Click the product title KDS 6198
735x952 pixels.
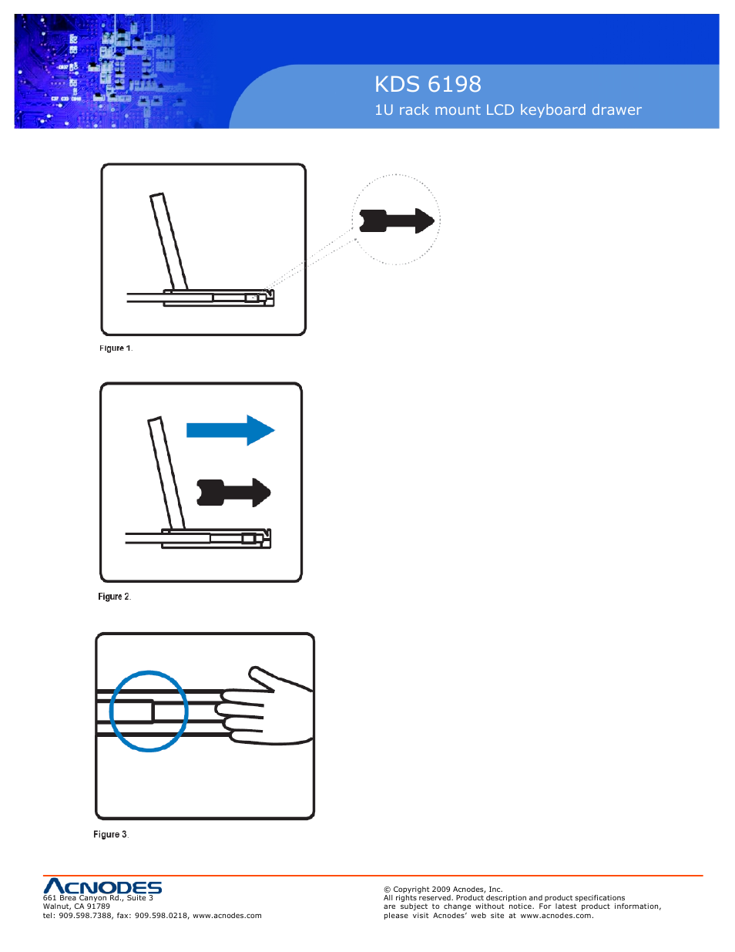pos(428,84)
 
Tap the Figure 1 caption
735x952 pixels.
pos(116,348)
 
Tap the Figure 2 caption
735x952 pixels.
pos(114,597)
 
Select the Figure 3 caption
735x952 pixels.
pos(110,835)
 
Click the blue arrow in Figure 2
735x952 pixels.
pos(230,430)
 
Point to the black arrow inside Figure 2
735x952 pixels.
pos(233,493)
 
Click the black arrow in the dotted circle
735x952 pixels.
pos(397,221)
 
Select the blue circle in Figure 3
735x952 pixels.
pos(149,711)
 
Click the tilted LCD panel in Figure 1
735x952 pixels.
pos(169,241)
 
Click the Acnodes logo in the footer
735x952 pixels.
pos(102,886)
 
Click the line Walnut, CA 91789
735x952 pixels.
pos(76,907)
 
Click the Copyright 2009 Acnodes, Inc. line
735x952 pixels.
pos(443,889)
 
